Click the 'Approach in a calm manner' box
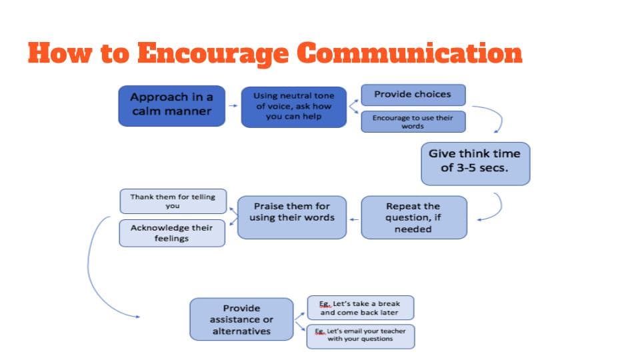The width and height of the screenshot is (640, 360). [x=172, y=106]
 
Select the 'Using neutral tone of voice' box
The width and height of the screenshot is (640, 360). [x=294, y=107]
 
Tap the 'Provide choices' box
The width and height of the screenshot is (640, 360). [x=413, y=95]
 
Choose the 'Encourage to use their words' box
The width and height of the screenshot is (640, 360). [x=413, y=121]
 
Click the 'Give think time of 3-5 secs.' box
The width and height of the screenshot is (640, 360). [x=475, y=164]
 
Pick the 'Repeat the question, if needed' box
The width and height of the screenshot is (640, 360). [x=414, y=217]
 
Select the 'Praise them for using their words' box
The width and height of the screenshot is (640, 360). [x=292, y=217]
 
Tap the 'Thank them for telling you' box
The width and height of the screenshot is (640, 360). [x=173, y=201]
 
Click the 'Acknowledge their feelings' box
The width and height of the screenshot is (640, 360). [x=172, y=233]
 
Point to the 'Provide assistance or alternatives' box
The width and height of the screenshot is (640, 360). [x=241, y=319]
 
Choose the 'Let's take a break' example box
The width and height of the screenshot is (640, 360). [x=361, y=308]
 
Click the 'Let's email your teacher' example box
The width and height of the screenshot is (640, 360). [x=361, y=336]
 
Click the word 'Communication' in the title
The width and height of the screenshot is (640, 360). [x=409, y=53]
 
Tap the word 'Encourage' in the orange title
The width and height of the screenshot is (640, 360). [x=213, y=54]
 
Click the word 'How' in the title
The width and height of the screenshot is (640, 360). [x=60, y=53]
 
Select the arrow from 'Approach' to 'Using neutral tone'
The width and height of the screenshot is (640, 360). [x=233, y=106]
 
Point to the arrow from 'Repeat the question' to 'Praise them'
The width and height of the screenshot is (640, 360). [x=354, y=219]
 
